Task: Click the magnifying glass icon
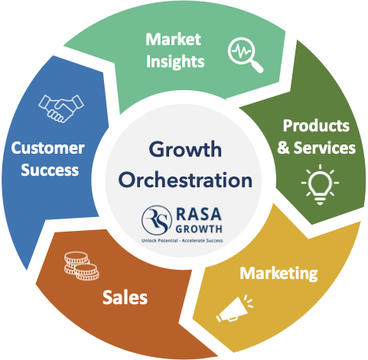pyautogui.click(x=245, y=54)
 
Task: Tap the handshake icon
pyautogui.click(x=61, y=109)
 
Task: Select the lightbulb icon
pyautogui.click(x=320, y=184)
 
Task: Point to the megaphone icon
pyautogui.click(x=234, y=309)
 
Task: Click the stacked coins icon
pyautogui.click(x=82, y=266)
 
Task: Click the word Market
pyautogui.click(x=174, y=40)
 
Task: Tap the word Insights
pyautogui.click(x=175, y=61)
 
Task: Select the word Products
pyautogui.click(x=316, y=125)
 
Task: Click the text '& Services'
pyautogui.click(x=316, y=148)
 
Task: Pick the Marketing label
pyautogui.click(x=278, y=274)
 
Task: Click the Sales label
pyautogui.click(x=125, y=297)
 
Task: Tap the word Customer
pyautogui.click(x=47, y=148)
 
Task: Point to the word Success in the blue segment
pyautogui.click(x=50, y=170)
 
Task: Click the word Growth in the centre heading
pyautogui.click(x=185, y=149)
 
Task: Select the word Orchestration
pyautogui.click(x=185, y=180)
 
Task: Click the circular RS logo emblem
pyautogui.click(x=157, y=220)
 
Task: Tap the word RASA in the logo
pyautogui.click(x=199, y=214)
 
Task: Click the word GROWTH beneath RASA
pyautogui.click(x=199, y=229)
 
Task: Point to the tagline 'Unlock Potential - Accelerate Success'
pyautogui.click(x=182, y=241)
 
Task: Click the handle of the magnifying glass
pyautogui.click(x=257, y=66)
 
